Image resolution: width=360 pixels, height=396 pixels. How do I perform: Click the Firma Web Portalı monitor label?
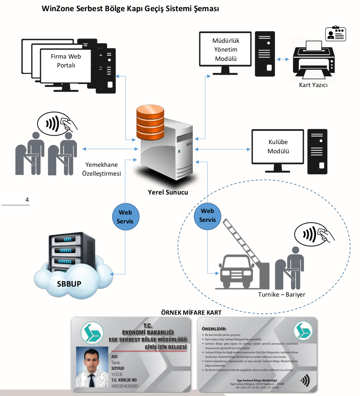66,61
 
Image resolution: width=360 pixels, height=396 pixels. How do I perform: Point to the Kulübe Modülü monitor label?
278,147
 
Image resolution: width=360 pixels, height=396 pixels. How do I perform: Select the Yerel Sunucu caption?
168,192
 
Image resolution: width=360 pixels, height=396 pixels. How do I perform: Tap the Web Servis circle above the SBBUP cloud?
125,217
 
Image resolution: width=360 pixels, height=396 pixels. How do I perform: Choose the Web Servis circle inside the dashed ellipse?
207,215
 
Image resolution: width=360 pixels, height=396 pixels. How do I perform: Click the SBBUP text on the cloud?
69,284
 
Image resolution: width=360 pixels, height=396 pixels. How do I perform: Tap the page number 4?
27,200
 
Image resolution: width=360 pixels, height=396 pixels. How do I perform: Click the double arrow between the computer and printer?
283,59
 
